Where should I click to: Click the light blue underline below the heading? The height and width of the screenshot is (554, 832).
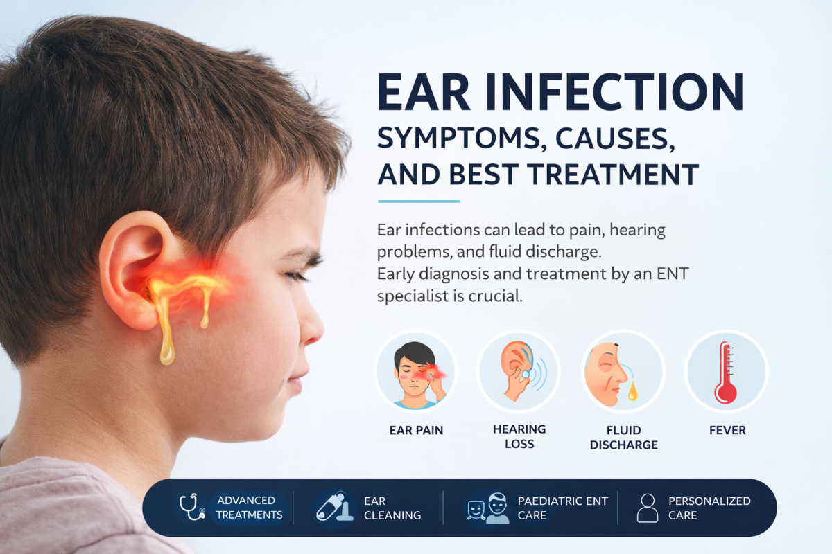point(419,202)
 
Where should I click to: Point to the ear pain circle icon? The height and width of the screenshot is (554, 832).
point(415,371)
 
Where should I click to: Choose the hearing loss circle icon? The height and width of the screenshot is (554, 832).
point(519,371)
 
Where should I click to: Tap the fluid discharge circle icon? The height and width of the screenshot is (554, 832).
point(623,371)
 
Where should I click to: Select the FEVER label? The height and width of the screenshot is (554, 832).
point(727,430)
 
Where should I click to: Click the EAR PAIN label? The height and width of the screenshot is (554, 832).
point(416,430)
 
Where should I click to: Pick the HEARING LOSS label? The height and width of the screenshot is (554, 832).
point(519,436)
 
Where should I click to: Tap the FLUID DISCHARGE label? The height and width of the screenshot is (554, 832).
point(623,437)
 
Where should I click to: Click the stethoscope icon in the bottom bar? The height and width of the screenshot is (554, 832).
point(192,507)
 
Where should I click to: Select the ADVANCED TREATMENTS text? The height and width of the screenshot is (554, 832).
point(249,508)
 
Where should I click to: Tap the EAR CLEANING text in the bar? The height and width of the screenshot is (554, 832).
point(392,508)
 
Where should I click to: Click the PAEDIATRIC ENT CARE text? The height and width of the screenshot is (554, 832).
point(562,508)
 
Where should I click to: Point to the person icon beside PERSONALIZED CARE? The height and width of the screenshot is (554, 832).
point(647,508)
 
